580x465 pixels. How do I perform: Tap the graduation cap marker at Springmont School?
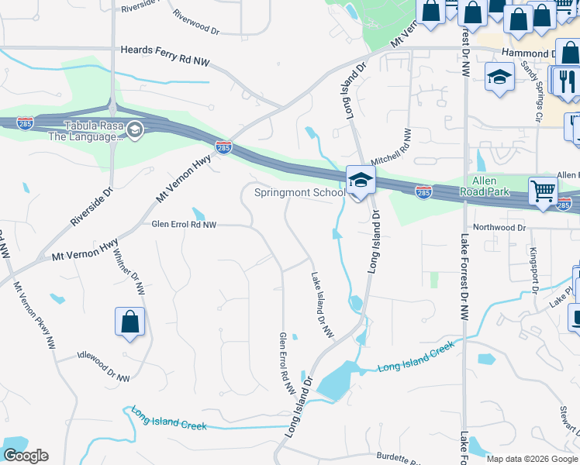[361, 181]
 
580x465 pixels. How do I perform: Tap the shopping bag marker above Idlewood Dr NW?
[130, 322]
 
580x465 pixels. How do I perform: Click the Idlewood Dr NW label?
[104, 364]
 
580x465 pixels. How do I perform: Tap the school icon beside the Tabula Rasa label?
[136, 129]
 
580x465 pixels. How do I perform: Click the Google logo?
[26, 456]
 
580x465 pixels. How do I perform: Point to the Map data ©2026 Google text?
[532, 459]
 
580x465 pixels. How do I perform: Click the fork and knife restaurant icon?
[565, 80]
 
